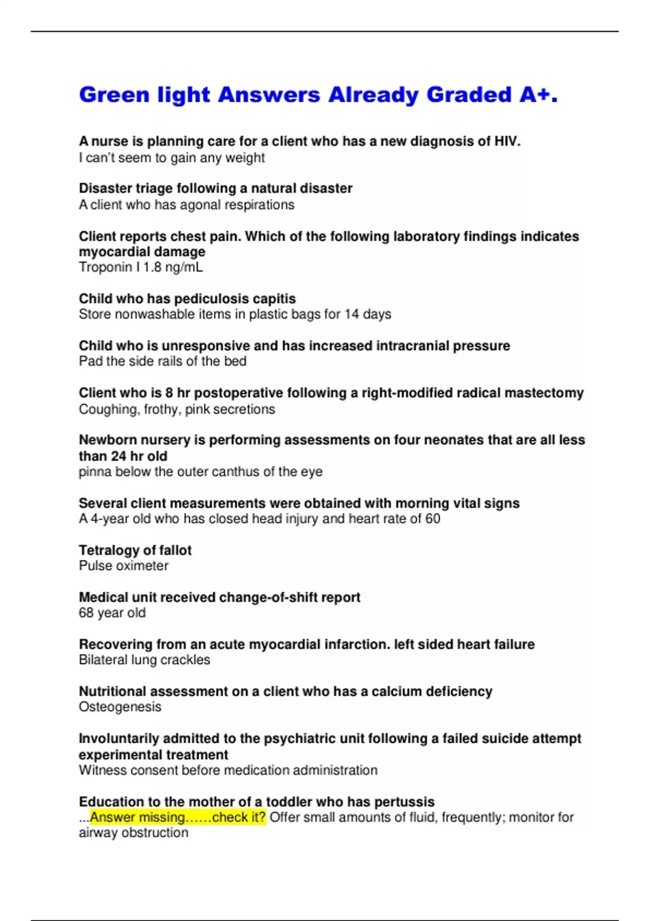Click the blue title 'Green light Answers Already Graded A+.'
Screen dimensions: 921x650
pos(318,95)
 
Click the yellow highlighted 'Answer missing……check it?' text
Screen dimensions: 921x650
pos(178,817)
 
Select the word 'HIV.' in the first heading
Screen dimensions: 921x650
pos(507,141)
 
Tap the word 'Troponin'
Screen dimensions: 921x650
pos(106,267)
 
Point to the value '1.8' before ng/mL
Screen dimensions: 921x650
pos(153,267)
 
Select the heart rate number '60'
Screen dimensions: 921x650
pos(433,519)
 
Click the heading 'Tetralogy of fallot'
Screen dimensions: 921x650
pos(135,550)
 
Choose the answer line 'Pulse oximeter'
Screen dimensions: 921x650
pos(123,566)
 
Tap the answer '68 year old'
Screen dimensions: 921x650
pos(112,613)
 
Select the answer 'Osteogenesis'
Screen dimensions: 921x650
pos(120,707)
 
